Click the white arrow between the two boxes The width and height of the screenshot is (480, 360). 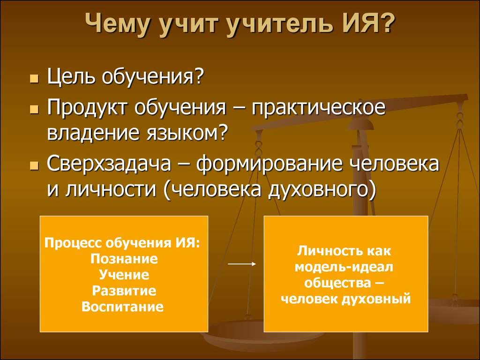[x=242, y=264]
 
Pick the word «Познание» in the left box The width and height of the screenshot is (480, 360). [x=124, y=259]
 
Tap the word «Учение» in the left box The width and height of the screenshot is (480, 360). [x=124, y=275]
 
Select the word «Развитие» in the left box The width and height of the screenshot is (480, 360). [x=124, y=291]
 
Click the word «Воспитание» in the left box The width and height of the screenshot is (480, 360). [x=122, y=307]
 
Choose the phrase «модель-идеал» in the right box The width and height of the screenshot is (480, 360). [x=344, y=267]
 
